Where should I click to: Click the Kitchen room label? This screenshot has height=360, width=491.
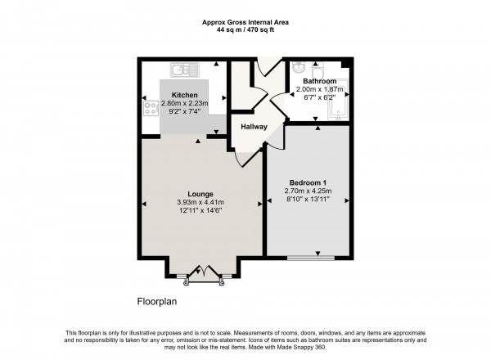coord(185,95)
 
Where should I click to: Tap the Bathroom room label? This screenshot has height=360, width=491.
coord(320,81)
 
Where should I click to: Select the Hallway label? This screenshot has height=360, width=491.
coord(254,127)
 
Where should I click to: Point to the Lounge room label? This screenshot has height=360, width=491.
coord(200,194)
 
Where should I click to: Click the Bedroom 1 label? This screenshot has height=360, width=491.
coord(309,182)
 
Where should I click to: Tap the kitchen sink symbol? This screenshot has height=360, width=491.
coord(185,70)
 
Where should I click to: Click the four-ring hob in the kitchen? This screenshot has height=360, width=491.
coord(151,108)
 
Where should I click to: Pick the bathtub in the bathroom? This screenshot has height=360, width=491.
coord(338,100)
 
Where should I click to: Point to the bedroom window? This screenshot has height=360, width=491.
coord(311,259)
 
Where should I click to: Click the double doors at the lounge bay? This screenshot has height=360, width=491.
coord(204,273)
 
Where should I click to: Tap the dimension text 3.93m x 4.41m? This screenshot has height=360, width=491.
coord(200,203)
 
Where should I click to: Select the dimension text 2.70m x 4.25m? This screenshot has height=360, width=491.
coord(309,191)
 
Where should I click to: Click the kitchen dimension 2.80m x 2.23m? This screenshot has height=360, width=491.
coord(185,103)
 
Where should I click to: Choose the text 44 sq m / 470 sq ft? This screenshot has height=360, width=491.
coord(245,30)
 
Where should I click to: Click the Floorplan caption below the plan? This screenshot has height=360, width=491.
coord(157,301)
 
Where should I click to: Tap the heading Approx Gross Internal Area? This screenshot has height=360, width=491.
coord(245,23)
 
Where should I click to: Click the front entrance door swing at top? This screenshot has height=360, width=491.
coord(268,66)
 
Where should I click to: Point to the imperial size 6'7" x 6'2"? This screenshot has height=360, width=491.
coord(320,97)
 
